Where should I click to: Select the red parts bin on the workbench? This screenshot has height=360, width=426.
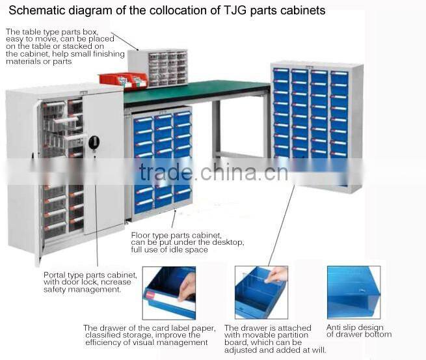point(123,79)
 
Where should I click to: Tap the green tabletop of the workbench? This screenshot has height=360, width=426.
point(195,92)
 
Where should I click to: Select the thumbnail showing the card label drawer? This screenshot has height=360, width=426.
point(168,292)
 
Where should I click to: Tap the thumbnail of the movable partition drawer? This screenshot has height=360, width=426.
point(260,292)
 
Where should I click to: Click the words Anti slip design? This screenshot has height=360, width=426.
point(354,327)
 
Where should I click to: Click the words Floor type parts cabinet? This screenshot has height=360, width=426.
point(176,235)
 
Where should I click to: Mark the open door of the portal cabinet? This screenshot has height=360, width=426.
point(104,163)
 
